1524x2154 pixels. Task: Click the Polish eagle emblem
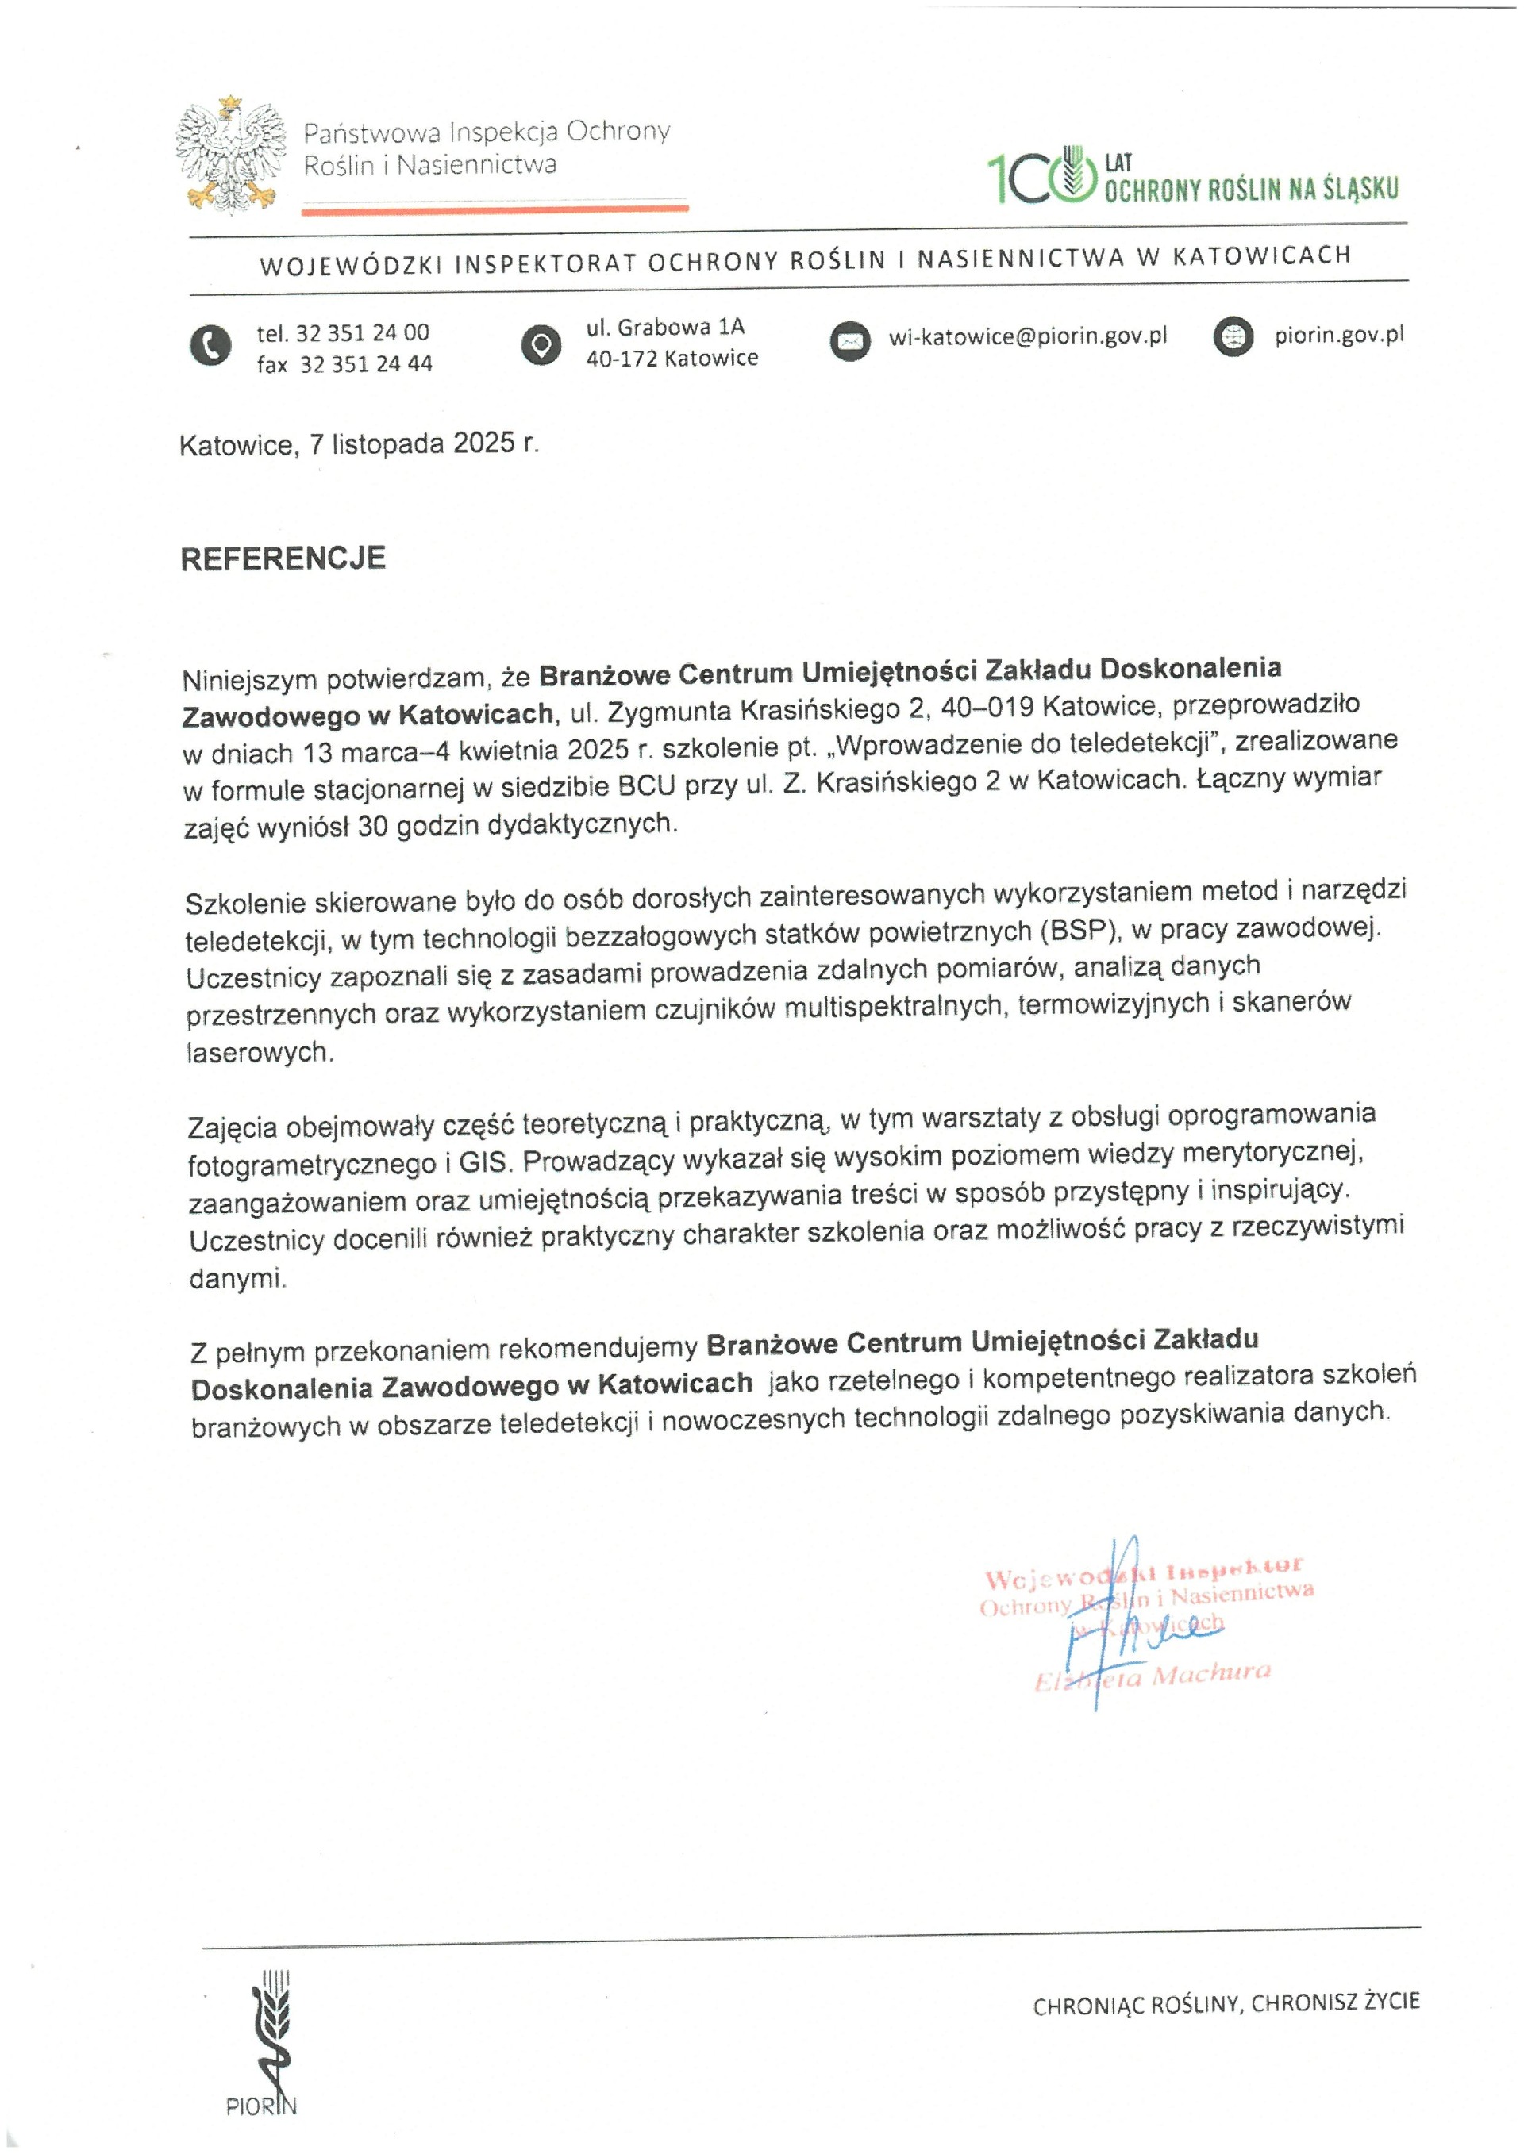pos(231,154)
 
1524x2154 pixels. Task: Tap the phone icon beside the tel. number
pos(210,345)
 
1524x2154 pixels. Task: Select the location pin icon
pos(541,344)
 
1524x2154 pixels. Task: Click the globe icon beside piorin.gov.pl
pos(1233,337)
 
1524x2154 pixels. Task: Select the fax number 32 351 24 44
pos(365,364)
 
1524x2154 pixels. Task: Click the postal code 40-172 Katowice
pos(672,359)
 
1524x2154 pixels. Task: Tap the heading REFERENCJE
pos(283,559)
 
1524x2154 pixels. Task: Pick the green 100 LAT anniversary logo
pos(1191,176)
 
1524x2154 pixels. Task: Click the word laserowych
pos(259,1053)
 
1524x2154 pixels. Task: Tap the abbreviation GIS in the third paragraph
pos(484,1163)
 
